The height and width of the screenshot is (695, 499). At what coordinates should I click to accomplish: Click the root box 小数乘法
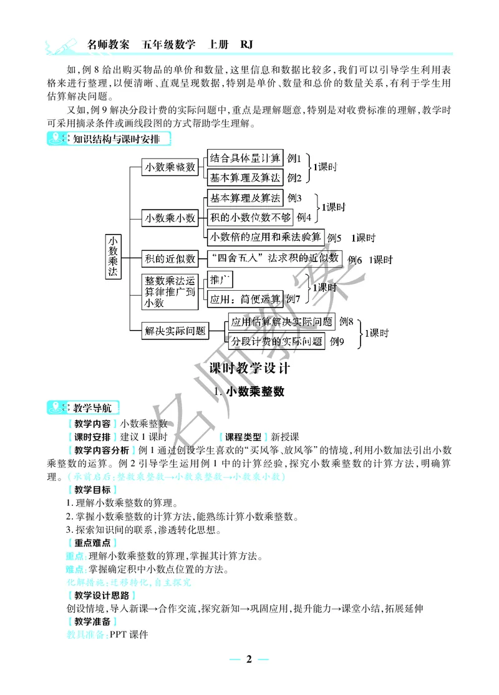(x=113, y=258)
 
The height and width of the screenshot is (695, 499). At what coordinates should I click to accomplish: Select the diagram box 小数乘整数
(x=170, y=167)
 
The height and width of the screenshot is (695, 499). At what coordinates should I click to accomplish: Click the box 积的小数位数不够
(x=250, y=217)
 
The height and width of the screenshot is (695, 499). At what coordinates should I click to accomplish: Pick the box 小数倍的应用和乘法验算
(x=266, y=236)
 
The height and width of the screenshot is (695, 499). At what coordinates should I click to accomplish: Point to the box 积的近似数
(x=170, y=258)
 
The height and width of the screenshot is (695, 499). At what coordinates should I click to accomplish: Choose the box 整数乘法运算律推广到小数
(x=170, y=291)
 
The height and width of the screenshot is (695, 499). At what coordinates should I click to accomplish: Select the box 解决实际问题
(x=175, y=331)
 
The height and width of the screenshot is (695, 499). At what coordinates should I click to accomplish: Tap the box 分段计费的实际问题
(x=277, y=341)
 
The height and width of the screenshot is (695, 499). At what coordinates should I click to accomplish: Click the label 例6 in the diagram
(x=355, y=260)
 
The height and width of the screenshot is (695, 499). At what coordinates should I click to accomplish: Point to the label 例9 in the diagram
(x=337, y=341)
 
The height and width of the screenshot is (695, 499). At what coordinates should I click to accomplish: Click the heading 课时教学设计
(x=249, y=368)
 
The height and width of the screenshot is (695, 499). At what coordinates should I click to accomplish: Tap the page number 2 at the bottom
(x=249, y=660)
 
